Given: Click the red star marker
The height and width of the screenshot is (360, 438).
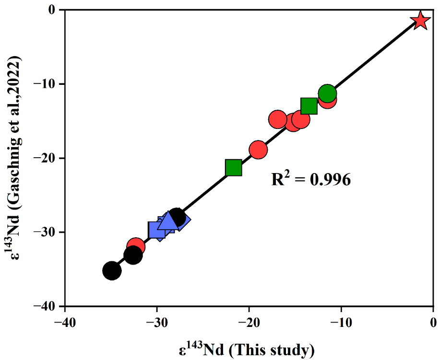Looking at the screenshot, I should [x=420, y=21].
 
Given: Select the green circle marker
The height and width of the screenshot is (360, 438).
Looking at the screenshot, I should [x=327, y=93].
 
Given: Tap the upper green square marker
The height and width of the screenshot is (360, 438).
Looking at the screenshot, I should [x=309, y=106].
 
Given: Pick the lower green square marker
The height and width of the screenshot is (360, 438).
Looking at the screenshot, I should [x=233, y=168].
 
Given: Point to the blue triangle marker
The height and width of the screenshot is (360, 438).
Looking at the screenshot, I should [x=167, y=221].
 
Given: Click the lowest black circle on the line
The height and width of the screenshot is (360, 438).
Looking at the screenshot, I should [x=112, y=271].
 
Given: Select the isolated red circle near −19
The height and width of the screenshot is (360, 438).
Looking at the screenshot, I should [x=258, y=150].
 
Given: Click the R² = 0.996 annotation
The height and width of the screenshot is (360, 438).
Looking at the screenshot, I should [x=311, y=180].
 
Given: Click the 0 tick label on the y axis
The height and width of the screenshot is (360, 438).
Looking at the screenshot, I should [x=54, y=10].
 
